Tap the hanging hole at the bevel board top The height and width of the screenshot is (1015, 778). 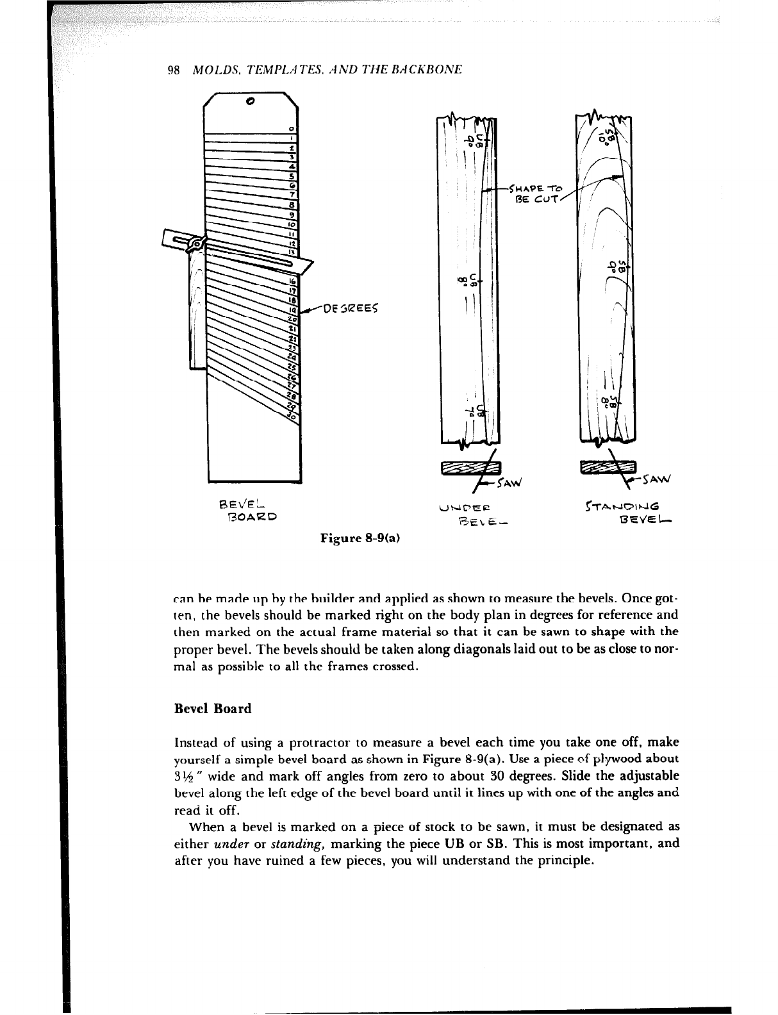(250, 101)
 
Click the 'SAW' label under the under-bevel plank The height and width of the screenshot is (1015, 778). (510, 481)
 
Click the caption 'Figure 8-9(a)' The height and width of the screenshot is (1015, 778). (361, 538)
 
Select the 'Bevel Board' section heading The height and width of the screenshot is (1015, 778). (213, 709)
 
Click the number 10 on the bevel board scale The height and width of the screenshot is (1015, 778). (292, 226)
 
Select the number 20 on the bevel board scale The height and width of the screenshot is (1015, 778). (293, 318)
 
